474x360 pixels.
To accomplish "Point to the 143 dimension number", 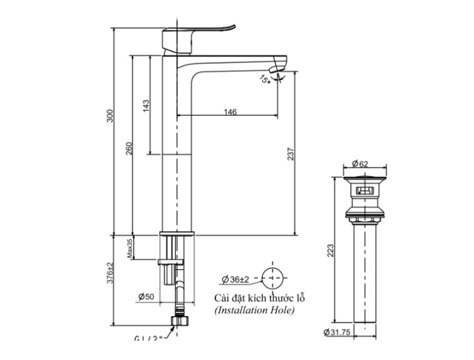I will pos(146,105).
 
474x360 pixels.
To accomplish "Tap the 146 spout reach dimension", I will pos(230,112).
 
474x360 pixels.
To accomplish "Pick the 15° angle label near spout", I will pos(265,80).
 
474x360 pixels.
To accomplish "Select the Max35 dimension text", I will pos(130,248).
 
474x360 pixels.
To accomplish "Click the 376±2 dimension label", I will pos(110,274).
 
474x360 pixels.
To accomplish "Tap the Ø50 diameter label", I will pos(145,296).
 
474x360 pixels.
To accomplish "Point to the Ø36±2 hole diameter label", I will pos(235,279).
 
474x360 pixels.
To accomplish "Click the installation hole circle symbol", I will pos(272,277).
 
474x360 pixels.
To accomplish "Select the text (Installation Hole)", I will pos(254,310).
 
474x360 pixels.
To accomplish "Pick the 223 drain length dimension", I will pos(331,249).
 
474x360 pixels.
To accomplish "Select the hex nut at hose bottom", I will pos(179,321).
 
